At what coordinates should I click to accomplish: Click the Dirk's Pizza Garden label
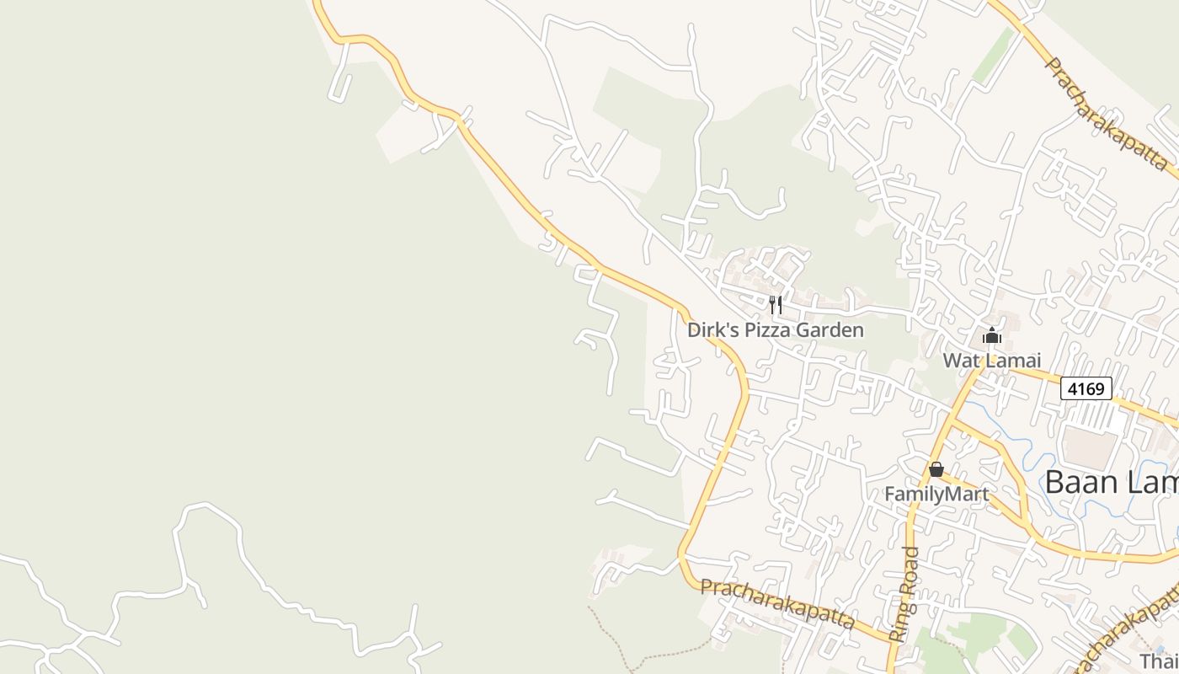[x=775, y=329]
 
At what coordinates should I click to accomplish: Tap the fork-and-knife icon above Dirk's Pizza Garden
[x=776, y=304]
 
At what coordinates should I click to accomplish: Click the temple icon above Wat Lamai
[x=991, y=336]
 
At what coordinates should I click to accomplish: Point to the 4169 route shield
[x=1086, y=388]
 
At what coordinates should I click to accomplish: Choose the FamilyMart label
[x=936, y=494]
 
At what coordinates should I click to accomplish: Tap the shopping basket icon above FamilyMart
[x=936, y=469]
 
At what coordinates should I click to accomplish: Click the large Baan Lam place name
[x=1110, y=482]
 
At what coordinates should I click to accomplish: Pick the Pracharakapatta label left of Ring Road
[x=776, y=603]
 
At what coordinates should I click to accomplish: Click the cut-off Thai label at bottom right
[x=1159, y=661]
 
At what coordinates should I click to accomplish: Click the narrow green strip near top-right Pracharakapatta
[x=995, y=56]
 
